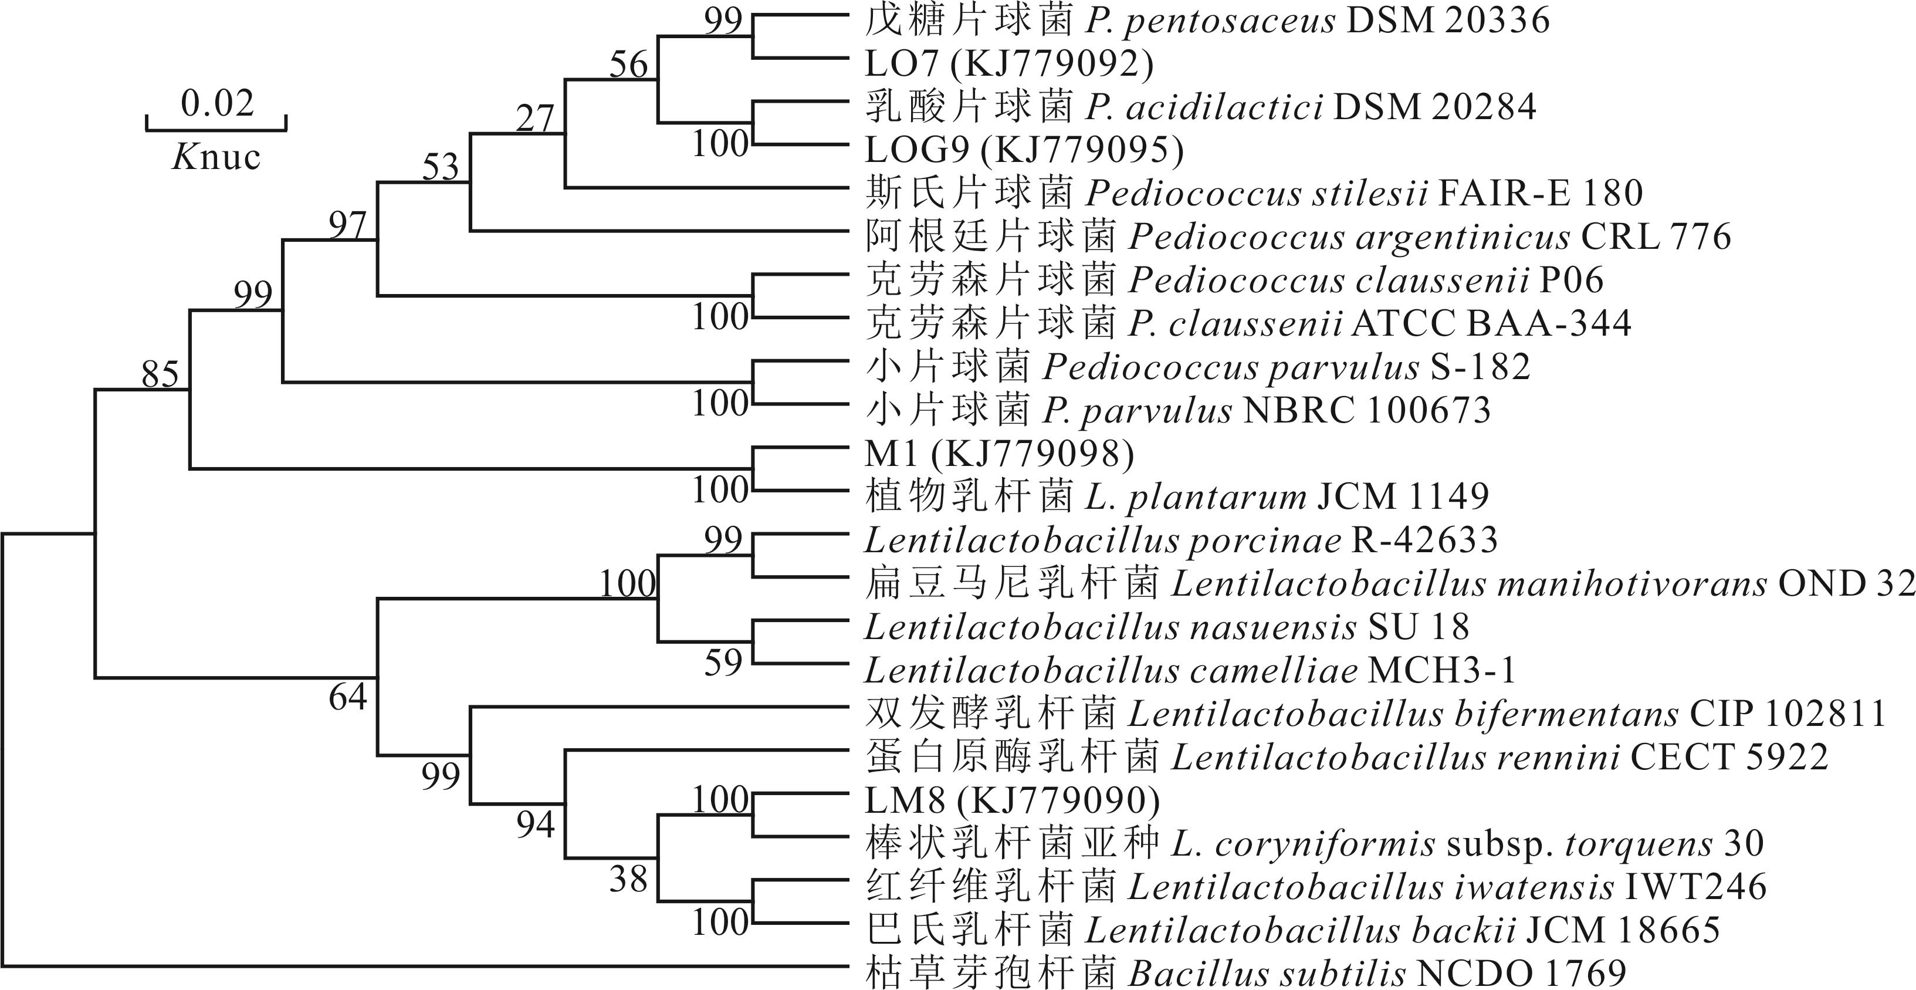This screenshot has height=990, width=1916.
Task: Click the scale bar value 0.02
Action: coord(217,103)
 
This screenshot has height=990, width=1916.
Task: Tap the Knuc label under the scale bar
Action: coord(216,157)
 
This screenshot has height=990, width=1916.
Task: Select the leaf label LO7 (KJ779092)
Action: coord(1008,64)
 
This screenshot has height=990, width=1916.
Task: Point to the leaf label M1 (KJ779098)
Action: coord(999,454)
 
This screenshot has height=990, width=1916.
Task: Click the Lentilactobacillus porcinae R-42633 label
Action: coord(1181,540)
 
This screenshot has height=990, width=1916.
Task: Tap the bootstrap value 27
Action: coord(536,119)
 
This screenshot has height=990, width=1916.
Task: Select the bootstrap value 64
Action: coord(348,697)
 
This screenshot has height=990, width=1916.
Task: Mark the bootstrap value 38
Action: coord(628,879)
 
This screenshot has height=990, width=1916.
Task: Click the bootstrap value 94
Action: coord(536,824)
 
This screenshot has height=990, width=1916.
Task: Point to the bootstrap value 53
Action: coord(441,167)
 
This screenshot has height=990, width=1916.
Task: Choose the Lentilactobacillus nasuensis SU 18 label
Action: coord(1166,627)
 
